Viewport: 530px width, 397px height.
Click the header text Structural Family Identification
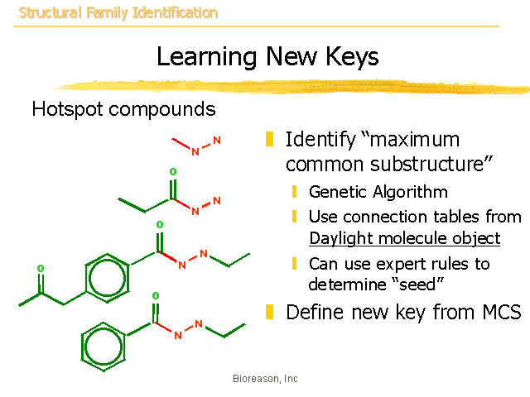click(x=118, y=13)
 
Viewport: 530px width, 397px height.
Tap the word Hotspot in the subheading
click(x=67, y=109)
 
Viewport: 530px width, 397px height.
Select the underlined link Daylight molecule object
click(x=405, y=238)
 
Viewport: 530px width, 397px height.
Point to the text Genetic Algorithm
click(x=378, y=192)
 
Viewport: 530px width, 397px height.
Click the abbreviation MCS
click(x=502, y=312)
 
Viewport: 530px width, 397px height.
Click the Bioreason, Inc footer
click(x=265, y=379)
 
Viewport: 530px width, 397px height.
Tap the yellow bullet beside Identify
click(x=269, y=139)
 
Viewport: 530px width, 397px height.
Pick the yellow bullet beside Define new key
click(x=269, y=312)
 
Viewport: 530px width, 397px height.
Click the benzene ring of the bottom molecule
click(x=103, y=347)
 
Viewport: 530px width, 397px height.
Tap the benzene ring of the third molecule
click(x=107, y=278)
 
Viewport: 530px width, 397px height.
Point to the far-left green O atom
click(x=41, y=268)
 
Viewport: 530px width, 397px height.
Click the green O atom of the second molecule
click(x=173, y=171)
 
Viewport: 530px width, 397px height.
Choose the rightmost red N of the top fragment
click(x=217, y=141)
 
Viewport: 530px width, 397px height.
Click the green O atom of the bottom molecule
click(x=156, y=296)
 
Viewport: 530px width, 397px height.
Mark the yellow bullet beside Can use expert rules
click(x=295, y=263)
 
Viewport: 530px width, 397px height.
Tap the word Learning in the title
click(x=206, y=57)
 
